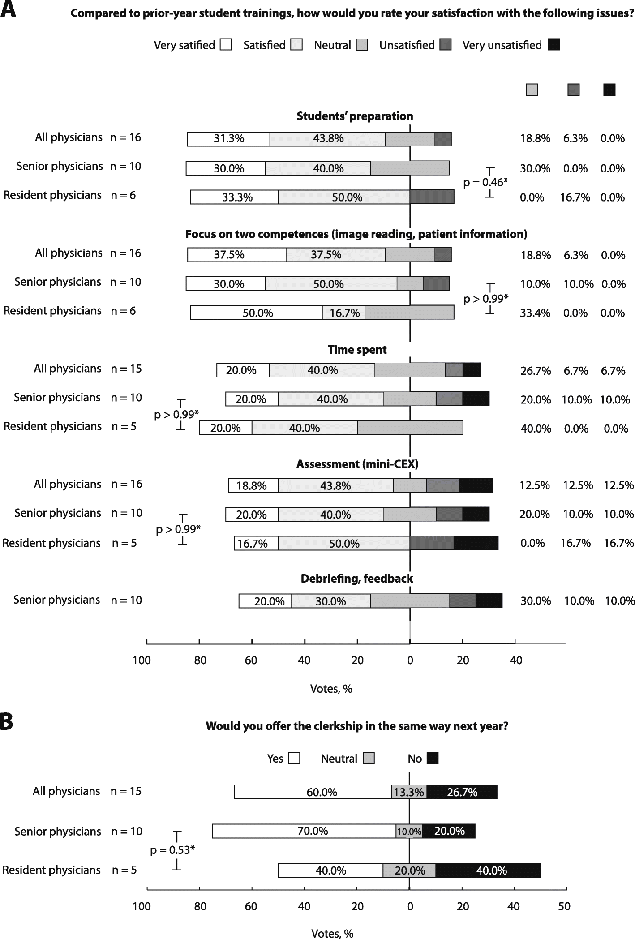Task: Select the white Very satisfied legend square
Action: pyautogui.click(x=226, y=45)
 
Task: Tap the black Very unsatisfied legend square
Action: pyautogui.click(x=554, y=45)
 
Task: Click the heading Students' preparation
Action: pyautogui.click(x=355, y=116)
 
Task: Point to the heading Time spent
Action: pyautogui.click(x=357, y=350)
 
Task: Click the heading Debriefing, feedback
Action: pyautogui.click(x=356, y=579)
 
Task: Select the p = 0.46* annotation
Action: pyautogui.click(x=486, y=182)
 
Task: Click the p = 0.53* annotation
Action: pyautogui.click(x=172, y=850)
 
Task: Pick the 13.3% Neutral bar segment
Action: pyautogui.click(x=409, y=792)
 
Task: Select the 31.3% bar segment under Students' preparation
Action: pyautogui.click(x=228, y=139)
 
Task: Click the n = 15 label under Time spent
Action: pyautogui.click(x=126, y=369)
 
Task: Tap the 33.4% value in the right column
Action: pyautogui.click(x=535, y=313)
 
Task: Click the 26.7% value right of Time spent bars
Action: pyautogui.click(x=535, y=371)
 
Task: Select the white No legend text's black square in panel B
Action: pyautogui.click(x=433, y=758)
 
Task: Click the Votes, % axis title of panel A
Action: pyautogui.click(x=331, y=689)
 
